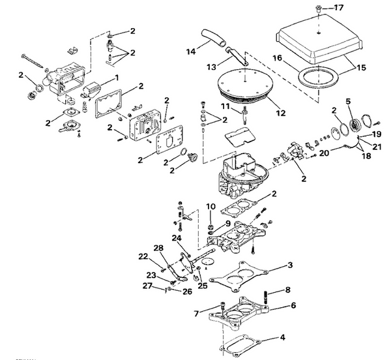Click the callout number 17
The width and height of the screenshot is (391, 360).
pos(338,8)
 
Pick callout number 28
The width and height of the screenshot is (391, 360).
pos(158,248)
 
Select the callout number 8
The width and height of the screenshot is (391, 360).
pos(287,290)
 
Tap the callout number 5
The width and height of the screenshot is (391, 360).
pos(348,101)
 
